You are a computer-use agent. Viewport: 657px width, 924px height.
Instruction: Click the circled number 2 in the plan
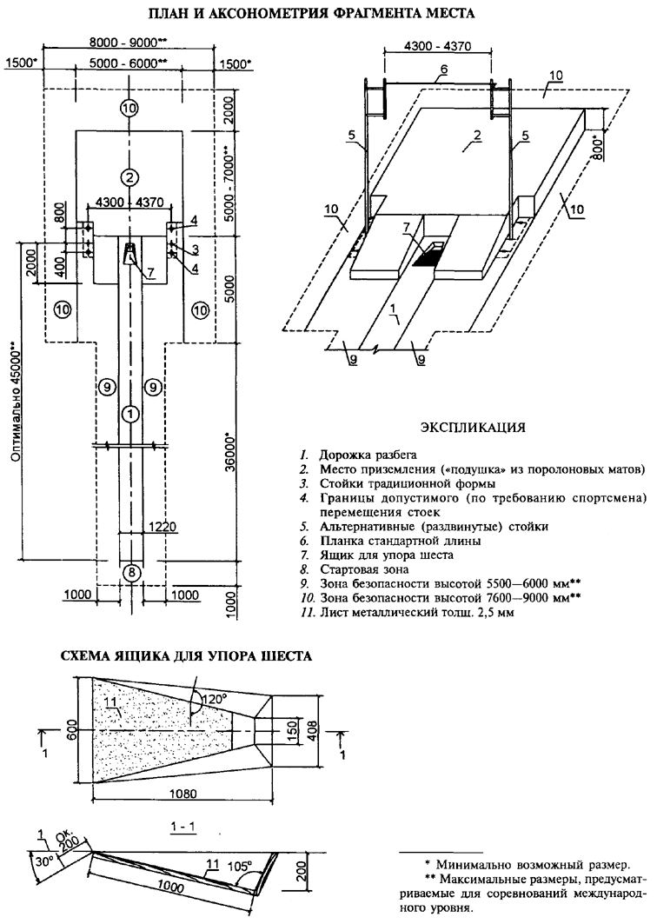click(129, 176)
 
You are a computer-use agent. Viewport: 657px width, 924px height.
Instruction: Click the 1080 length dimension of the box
click(186, 794)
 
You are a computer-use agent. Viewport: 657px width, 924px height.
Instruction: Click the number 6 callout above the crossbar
click(442, 69)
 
